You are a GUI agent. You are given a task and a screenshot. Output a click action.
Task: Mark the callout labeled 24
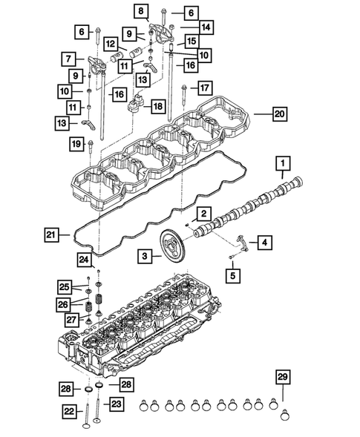(x=85, y=258)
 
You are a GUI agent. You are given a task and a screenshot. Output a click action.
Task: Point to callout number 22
(x=68, y=410)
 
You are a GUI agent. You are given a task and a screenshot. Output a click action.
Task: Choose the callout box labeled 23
(x=116, y=404)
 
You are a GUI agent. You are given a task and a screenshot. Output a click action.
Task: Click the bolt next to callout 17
(x=182, y=96)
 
